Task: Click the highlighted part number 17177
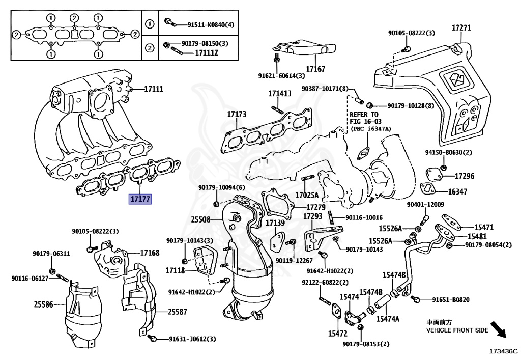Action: pyautogui.click(x=139, y=199)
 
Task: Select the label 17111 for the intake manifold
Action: pyautogui.click(x=153, y=89)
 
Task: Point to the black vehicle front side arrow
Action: pyautogui.click(x=498, y=330)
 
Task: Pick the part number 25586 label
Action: pyautogui.click(x=44, y=304)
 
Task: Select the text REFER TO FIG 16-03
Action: pyautogui.click(x=364, y=118)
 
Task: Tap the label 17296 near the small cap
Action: pyautogui.click(x=464, y=176)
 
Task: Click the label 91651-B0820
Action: pyautogui.click(x=450, y=299)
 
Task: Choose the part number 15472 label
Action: pyautogui.click(x=337, y=334)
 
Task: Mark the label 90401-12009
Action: pyautogui.click(x=425, y=205)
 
